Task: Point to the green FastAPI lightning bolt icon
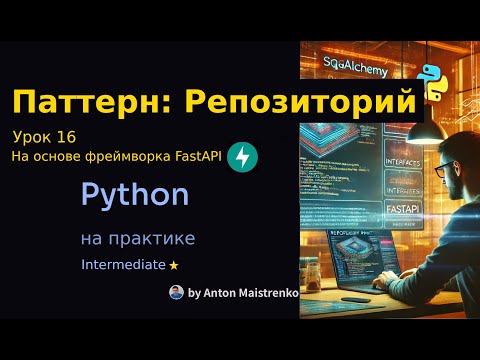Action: (242, 156)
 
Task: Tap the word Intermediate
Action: (123, 265)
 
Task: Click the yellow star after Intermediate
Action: (174, 266)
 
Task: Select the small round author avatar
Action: (176, 292)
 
